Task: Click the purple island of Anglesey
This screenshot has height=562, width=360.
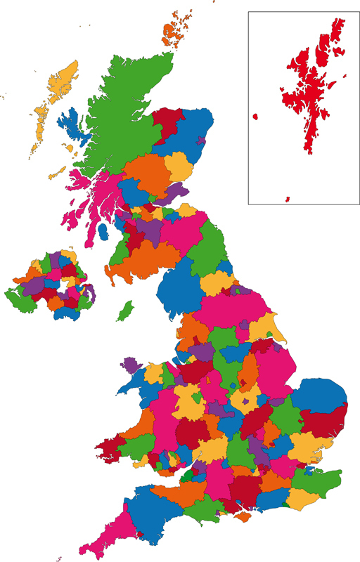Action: (131, 364)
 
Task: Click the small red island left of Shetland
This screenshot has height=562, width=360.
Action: (255, 117)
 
